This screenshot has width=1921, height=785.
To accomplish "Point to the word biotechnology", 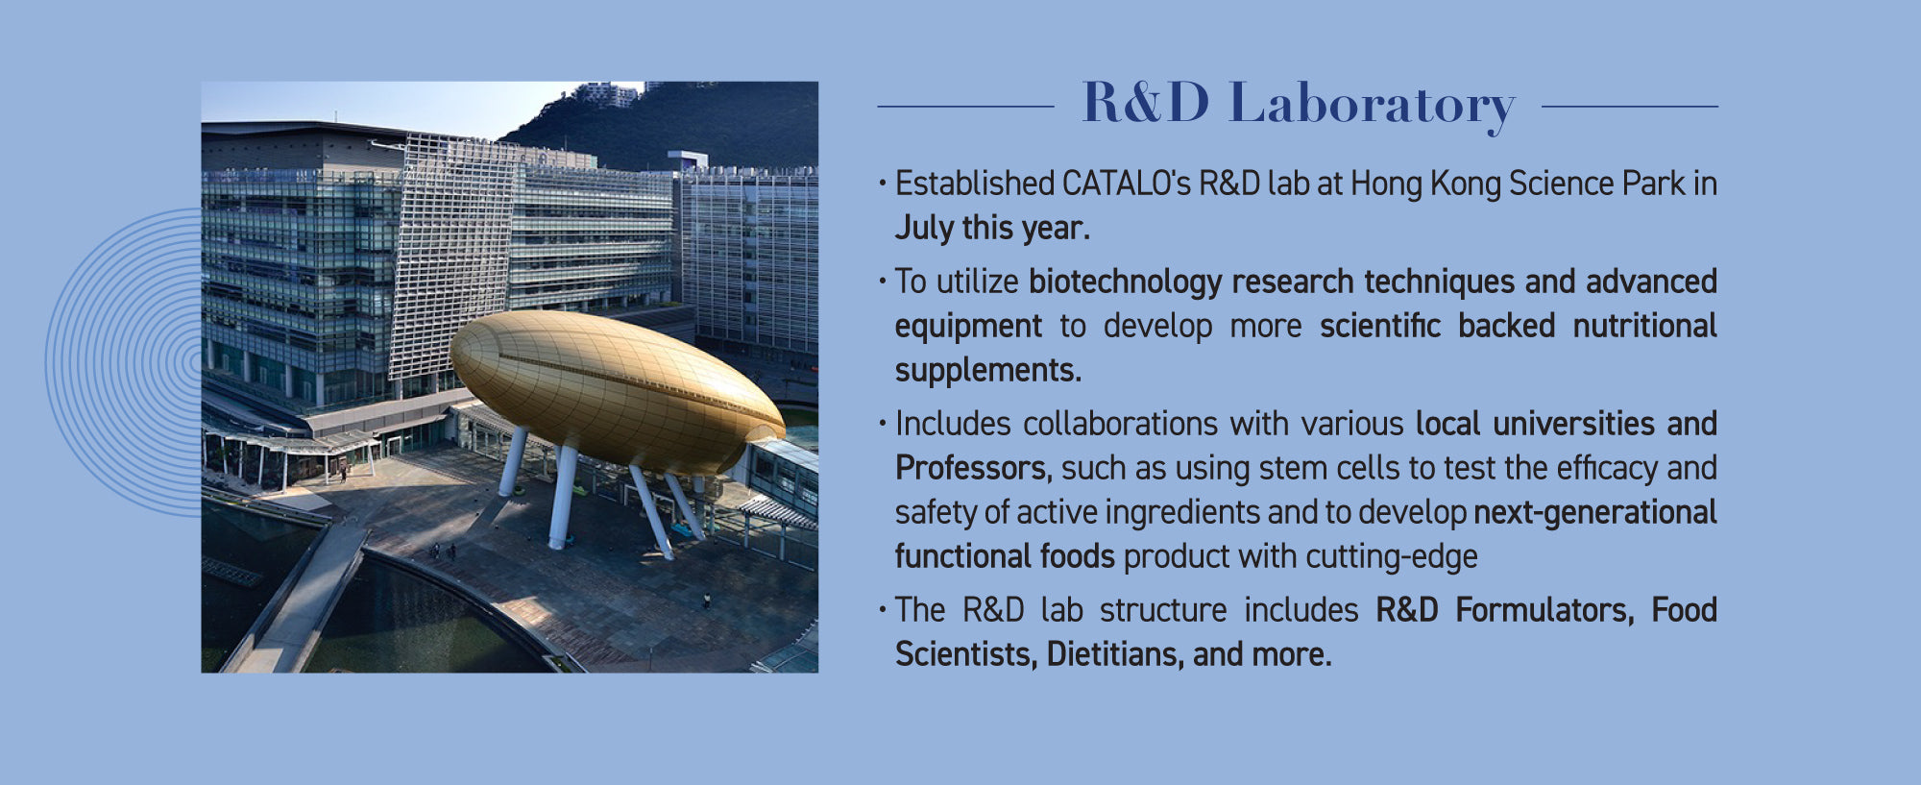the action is (1125, 282).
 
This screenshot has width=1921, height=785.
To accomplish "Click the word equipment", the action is (968, 327).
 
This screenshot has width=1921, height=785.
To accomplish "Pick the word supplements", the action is (988, 370).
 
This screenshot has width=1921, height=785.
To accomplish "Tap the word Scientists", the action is (966, 654).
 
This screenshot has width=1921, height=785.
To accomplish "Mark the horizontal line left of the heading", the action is (966, 107).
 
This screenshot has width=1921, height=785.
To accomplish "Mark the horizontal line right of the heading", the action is (1630, 107).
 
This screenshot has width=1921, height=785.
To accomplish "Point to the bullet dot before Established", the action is (882, 183).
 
